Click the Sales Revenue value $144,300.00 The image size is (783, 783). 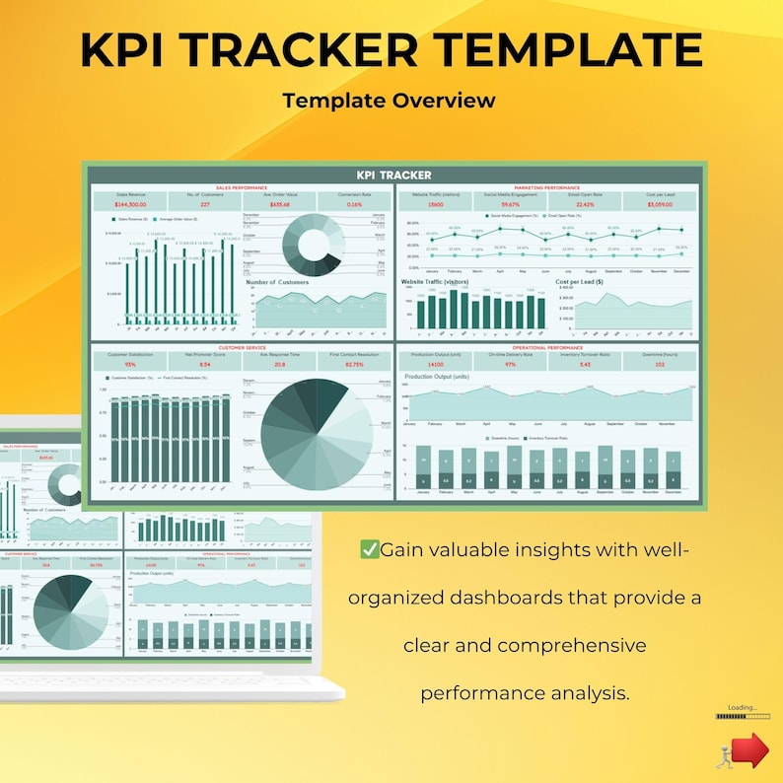point(130,205)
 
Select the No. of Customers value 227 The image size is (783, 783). point(204,205)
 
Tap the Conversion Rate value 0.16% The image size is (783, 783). point(355,205)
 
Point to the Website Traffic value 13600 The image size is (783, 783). point(435,205)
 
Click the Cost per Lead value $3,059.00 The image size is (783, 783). point(661,205)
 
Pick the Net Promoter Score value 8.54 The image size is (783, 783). point(204,365)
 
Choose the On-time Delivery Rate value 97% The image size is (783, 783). point(510,365)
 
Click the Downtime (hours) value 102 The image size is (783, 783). point(661,365)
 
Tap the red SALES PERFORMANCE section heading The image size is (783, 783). point(242,187)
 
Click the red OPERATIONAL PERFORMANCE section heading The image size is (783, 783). point(547,347)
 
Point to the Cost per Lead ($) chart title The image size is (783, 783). point(580,282)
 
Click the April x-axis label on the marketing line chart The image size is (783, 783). point(499,270)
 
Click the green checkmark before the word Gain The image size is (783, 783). point(370,549)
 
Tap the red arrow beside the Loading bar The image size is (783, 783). point(752,748)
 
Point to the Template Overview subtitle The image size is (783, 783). point(389,101)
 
